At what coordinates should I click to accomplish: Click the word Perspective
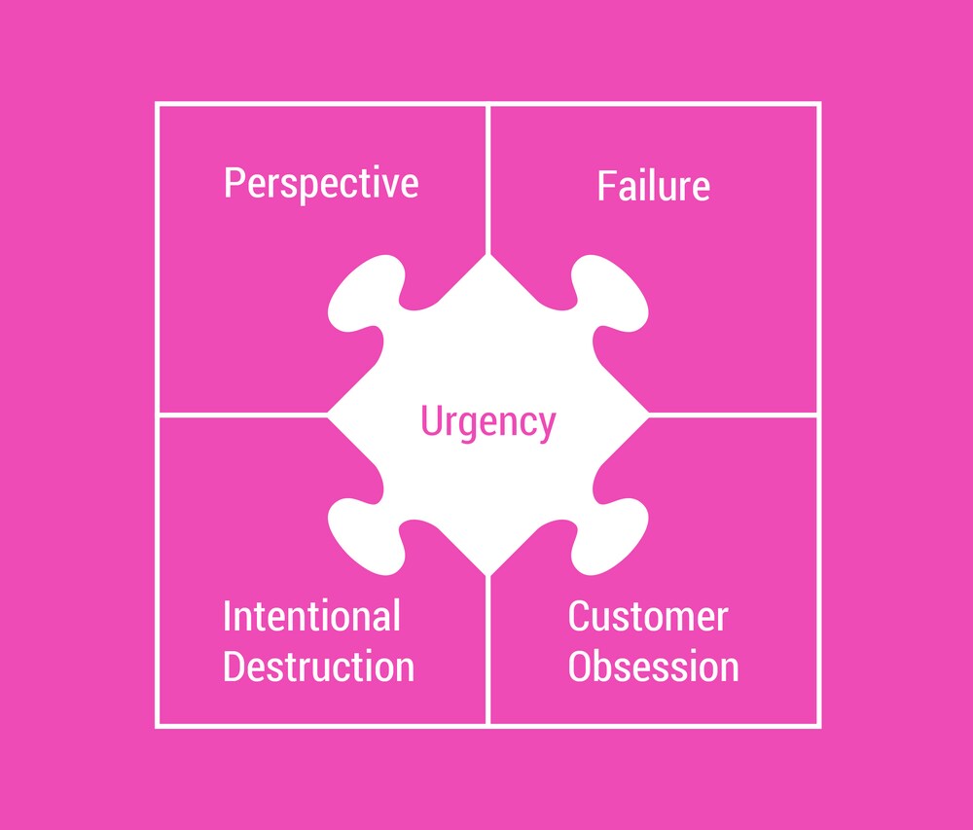pyautogui.click(x=321, y=184)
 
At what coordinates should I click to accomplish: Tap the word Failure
pyautogui.click(x=653, y=186)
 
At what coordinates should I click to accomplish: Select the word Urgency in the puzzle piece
pyautogui.click(x=487, y=422)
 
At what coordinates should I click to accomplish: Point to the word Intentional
pyautogui.click(x=311, y=617)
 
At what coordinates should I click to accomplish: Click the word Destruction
pyautogui.click(x=318, y=667)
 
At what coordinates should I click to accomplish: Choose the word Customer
pyautogui.click(x=648, y=617)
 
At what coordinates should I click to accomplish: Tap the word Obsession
pyautogui.click(x=653, y=667)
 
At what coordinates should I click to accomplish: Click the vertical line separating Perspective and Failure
pyautogui.click(x=487, y=175)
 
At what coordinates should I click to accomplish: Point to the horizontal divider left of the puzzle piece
pyautogui.click(x=243, y=415)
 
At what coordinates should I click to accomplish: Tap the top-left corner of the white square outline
pyautogui.click(x=157, y=104)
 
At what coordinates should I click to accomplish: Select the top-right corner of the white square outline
pyautogui.click(x=819, y=104)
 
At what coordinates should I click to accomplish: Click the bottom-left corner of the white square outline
pyautogui.click(x=157, y=726)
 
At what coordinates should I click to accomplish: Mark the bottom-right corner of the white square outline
pyautogui.click(x=819, y=726)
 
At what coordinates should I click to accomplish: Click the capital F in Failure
pyautogui.click(x=606, y=186)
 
